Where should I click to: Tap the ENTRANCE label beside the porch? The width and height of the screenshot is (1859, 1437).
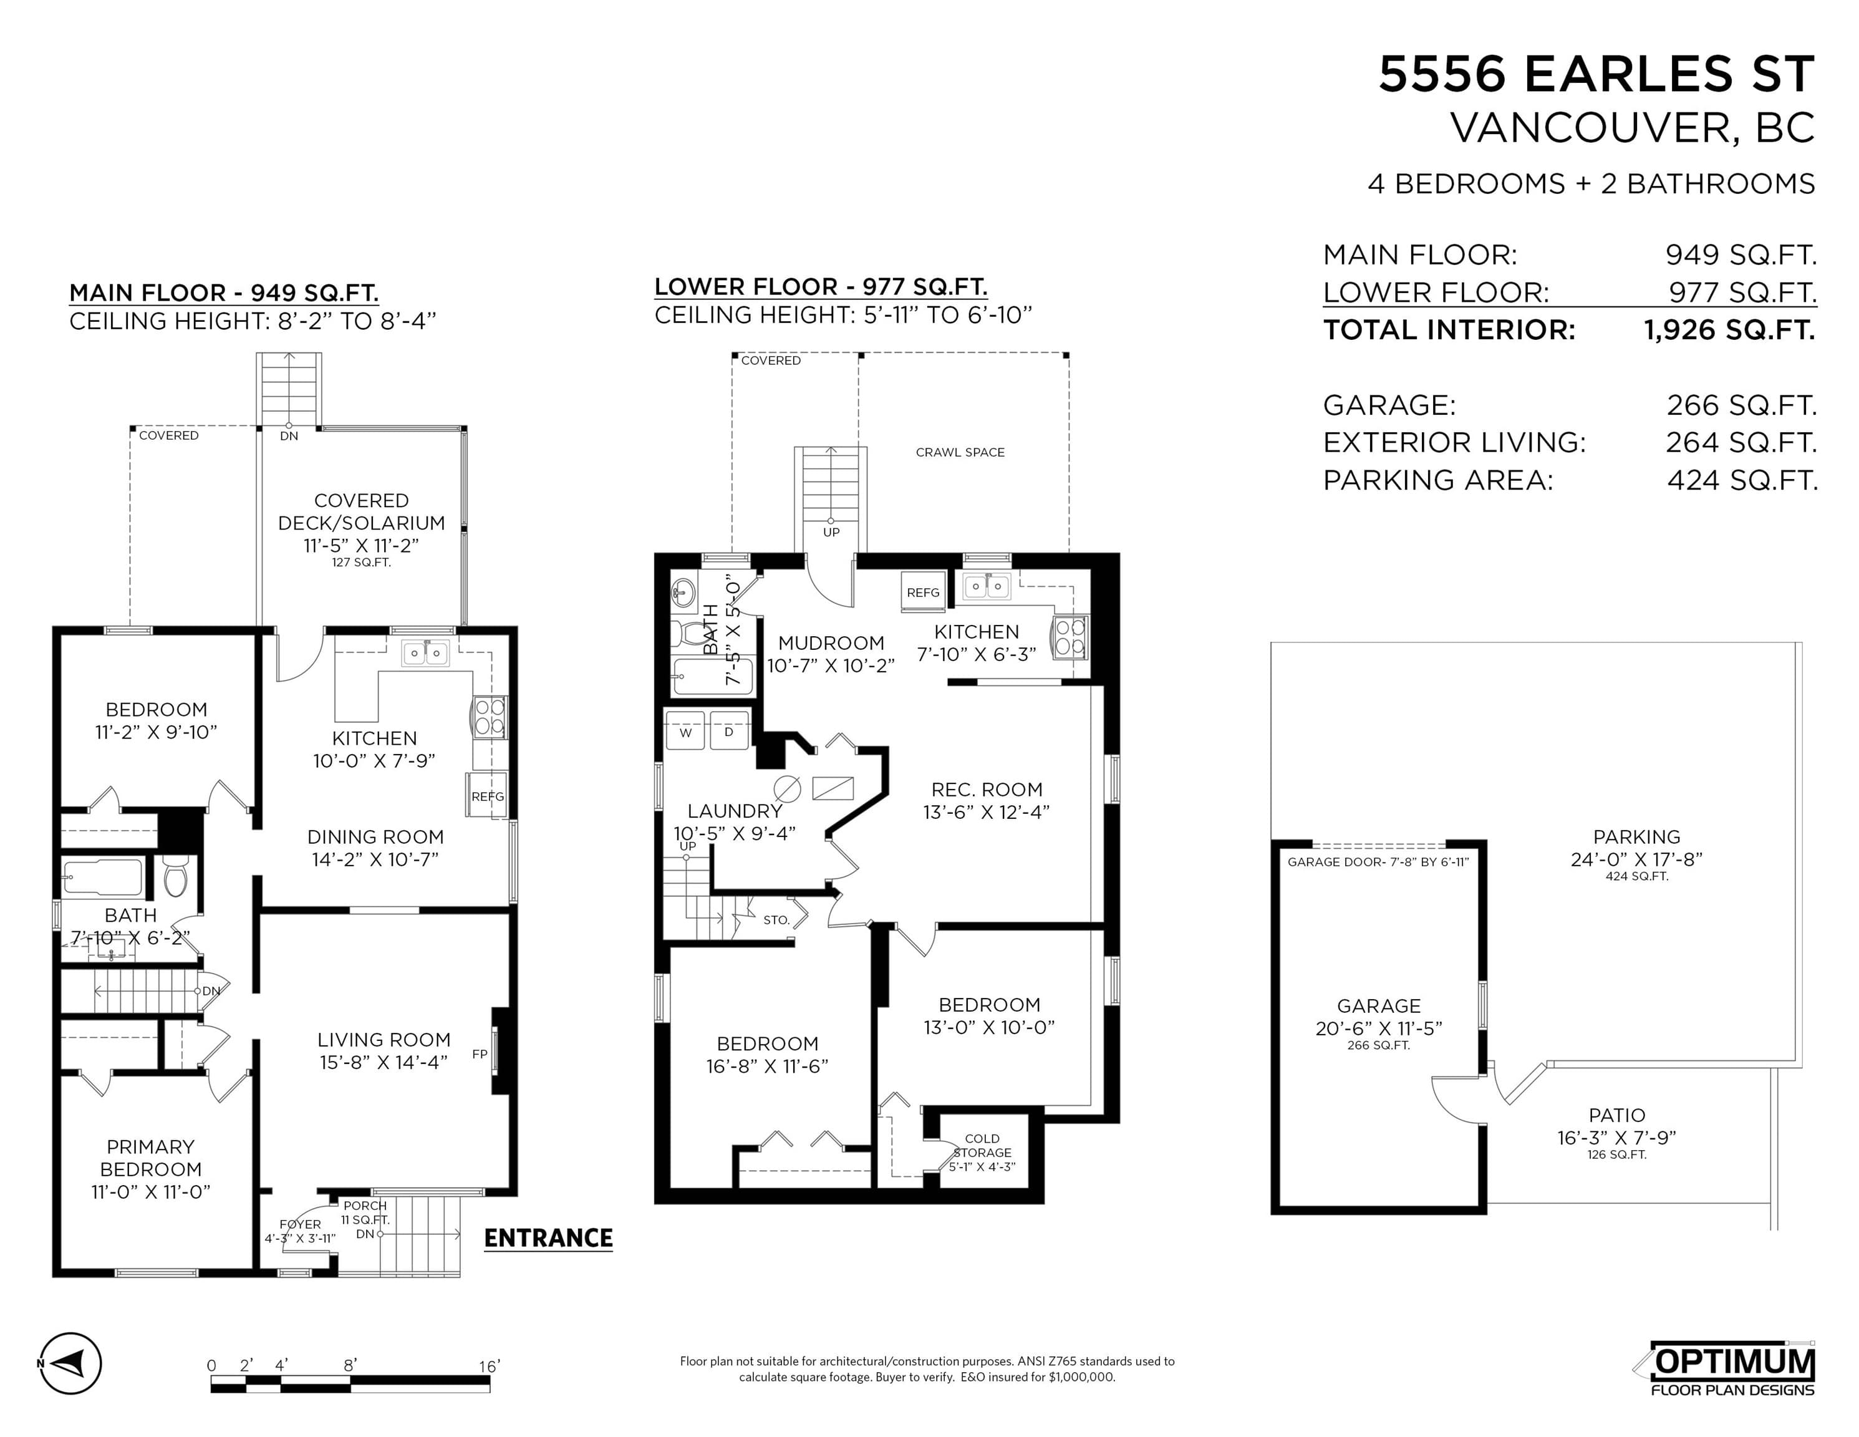548,1238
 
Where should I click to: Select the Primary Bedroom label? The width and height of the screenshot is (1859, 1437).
151,1158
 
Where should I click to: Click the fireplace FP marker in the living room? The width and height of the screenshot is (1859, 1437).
479,1054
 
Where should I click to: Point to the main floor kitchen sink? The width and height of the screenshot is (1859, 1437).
425,653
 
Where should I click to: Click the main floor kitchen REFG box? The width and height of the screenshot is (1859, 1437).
488,796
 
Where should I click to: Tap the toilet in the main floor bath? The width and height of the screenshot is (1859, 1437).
175,877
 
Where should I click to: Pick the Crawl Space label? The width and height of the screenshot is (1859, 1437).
960,452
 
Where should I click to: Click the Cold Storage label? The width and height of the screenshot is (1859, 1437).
982,1145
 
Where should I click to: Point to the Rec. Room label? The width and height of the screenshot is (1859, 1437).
987,789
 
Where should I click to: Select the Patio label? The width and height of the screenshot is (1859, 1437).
1616,1115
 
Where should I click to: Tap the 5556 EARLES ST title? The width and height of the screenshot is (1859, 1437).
1597,74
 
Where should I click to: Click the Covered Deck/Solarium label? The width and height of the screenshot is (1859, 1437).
361,511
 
